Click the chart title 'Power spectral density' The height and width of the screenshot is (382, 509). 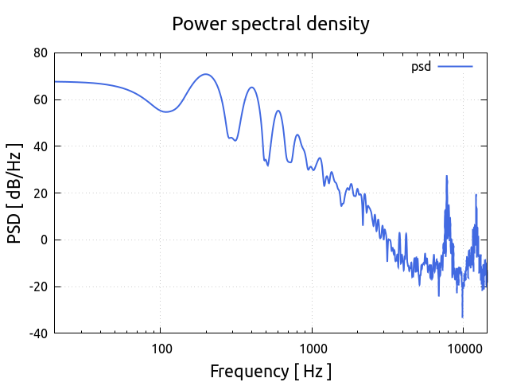270,24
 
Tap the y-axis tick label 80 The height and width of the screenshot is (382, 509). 40,53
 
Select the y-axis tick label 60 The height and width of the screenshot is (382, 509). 40,100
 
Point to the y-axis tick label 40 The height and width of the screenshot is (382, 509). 40,146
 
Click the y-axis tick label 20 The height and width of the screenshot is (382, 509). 40,193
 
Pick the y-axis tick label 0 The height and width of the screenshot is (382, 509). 45,240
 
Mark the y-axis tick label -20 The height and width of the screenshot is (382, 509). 37,286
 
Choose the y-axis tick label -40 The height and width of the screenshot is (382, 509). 37,333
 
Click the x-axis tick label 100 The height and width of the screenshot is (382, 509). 161,348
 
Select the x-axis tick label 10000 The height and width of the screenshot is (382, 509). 463,348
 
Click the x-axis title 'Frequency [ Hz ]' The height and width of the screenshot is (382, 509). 270,371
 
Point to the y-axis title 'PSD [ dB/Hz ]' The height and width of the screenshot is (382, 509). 15,193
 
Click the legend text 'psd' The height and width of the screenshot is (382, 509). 421,66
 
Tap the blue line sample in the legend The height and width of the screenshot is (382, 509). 455,66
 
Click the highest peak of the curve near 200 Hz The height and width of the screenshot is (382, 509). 206,74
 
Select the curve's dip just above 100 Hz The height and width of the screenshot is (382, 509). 165,111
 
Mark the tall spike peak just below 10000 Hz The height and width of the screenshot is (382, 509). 446,176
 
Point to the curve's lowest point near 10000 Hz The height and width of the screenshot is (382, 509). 462,317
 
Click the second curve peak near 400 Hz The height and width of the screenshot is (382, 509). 251,88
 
